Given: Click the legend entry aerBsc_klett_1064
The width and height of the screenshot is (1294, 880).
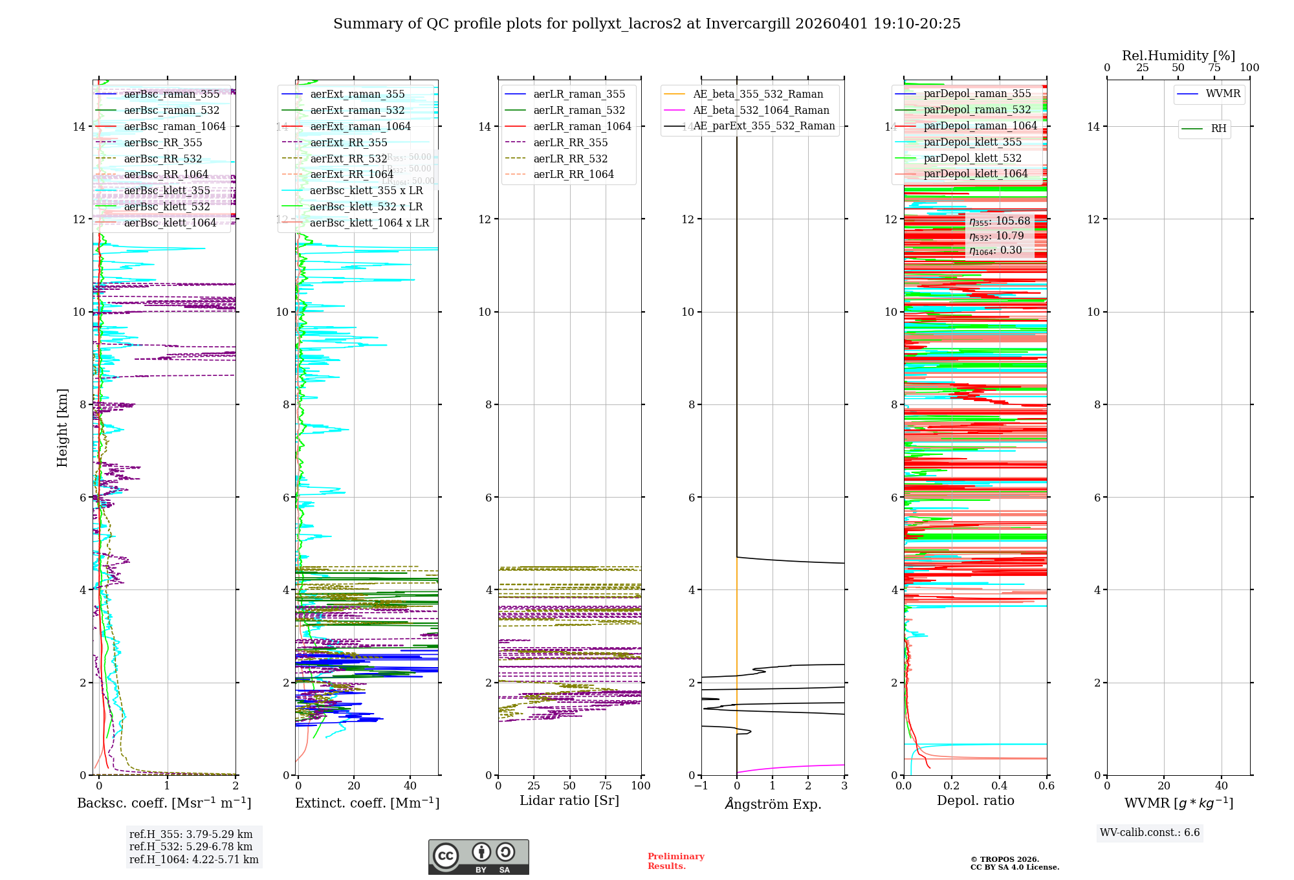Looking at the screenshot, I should point(170,223).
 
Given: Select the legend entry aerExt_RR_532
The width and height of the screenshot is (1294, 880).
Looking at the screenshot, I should point(348,159).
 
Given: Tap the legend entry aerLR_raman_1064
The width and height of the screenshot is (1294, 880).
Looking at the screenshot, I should point(582,126).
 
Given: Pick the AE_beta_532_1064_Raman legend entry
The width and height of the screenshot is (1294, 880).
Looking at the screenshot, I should point(761,110).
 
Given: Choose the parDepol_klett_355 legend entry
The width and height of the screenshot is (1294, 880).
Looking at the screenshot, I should point(972,142).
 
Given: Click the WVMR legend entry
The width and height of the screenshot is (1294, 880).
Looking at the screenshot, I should point(1223,94).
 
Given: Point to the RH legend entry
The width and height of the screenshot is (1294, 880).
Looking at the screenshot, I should point(1218,129).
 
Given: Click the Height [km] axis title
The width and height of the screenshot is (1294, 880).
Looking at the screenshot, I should point(62,427).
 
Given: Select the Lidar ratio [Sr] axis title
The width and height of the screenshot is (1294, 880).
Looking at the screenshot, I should point(569,800).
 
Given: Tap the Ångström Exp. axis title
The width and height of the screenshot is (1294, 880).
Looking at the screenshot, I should point(773,804).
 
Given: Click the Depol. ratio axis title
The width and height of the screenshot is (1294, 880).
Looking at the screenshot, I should point(975,800).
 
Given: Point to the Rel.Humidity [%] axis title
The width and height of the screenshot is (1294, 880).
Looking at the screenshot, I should point(1178,56).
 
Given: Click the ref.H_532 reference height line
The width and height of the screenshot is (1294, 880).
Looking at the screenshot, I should point(191,847).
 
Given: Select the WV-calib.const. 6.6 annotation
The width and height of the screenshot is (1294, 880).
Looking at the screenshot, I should point(1150,833).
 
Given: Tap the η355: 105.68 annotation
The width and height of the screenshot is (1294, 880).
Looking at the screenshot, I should point(1000,221).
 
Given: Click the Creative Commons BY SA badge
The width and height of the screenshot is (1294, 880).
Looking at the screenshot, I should point(478,857).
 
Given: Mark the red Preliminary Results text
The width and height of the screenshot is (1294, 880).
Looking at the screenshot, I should point(675,861).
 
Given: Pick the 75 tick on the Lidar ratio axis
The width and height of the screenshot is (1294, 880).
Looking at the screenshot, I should point(606,786).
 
